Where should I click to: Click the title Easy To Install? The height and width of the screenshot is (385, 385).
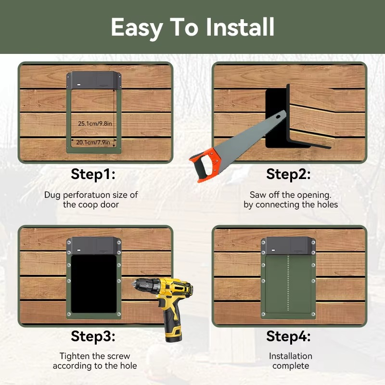[x=192, y=27]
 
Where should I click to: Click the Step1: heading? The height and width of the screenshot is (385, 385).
[x=93, y=174]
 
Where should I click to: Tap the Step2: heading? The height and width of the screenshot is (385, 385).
[x=288, y=174]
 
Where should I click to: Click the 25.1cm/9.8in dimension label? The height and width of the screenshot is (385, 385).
[x=95, y=124]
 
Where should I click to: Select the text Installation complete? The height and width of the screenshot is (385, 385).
[x=290, y=361]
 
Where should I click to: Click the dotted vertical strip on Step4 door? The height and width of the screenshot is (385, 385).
[x=288, y=284]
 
